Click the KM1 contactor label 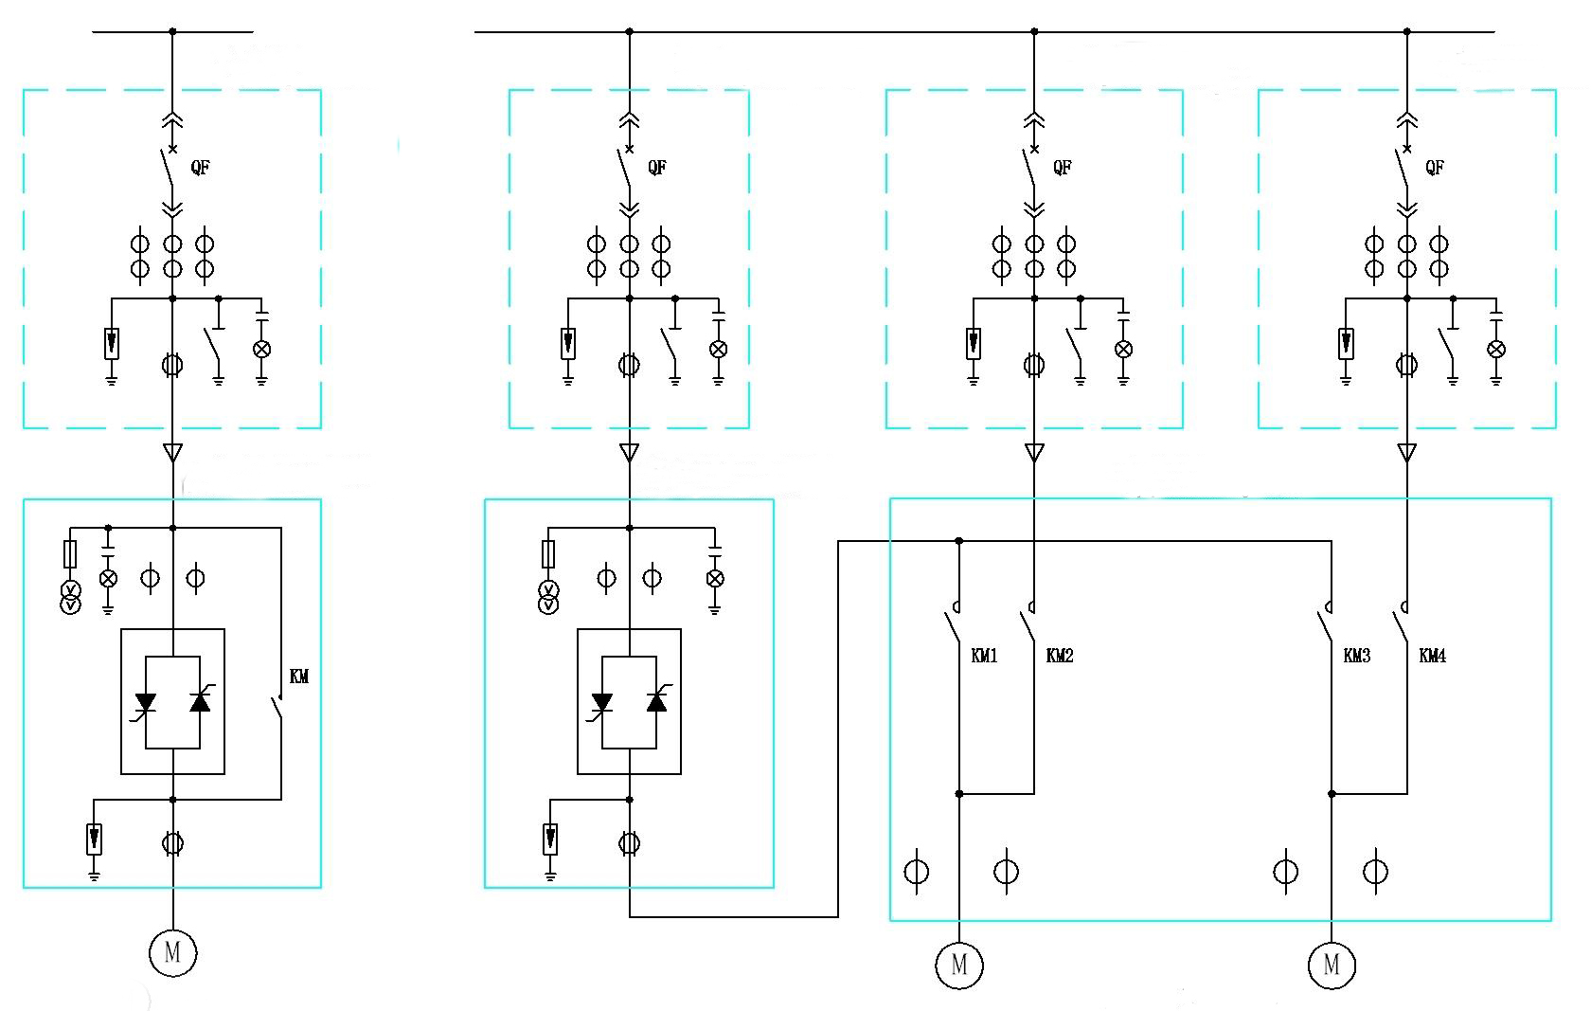coord(984,656)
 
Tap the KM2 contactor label coord(1060,656)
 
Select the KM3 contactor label coord(1356,656)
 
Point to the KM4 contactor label coord(1432,656)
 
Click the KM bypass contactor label coord(299,677)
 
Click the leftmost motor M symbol coord(172,952)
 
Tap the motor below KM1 coord(959,965)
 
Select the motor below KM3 coord(1332,965)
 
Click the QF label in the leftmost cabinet coord(200,168)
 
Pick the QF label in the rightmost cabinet coord(1435,168)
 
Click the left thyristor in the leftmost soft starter coord(145,703)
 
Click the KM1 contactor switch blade coord(952,626)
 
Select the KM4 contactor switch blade coord(1400,626)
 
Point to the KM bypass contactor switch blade coord(276,708)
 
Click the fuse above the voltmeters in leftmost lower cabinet coord(70,554)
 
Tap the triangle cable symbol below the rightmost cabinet coord(1407,453)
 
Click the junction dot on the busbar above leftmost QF coord(172,31)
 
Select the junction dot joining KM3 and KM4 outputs coord(1332,794)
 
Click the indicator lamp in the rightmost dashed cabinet coord(1496,349)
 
